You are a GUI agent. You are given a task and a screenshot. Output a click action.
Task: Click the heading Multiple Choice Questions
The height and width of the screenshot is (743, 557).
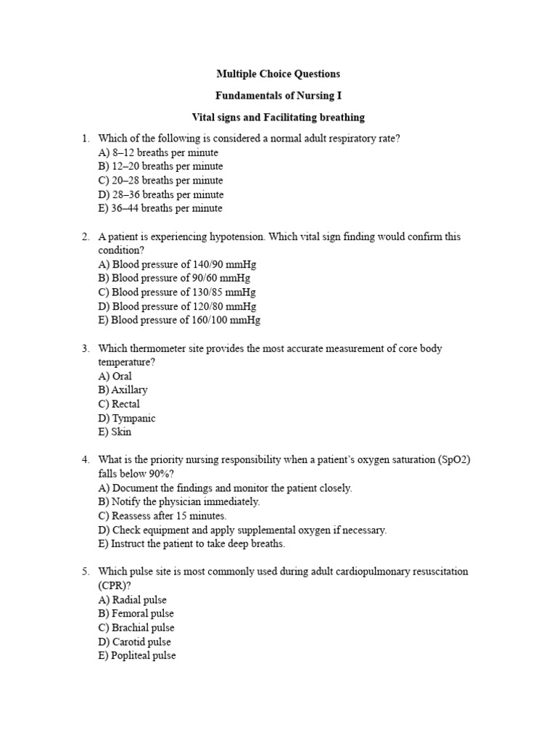[278, 74]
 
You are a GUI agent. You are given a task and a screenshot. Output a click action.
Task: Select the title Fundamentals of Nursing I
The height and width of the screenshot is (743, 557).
[278, 95]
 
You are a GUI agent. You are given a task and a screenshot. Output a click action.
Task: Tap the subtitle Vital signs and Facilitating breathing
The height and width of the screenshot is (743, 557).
[278, 117]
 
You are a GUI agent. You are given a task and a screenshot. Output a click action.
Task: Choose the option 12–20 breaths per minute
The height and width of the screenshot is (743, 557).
[160, 166]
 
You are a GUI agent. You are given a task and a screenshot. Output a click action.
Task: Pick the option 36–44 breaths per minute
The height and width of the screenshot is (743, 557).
[160, 208]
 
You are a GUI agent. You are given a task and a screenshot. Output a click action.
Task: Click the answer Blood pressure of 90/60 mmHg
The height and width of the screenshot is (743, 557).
[174, 278]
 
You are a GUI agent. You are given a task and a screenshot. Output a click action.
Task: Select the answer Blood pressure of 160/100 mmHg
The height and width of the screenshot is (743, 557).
[179, 320]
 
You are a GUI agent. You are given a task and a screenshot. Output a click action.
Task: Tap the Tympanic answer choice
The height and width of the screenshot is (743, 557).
[126, 418]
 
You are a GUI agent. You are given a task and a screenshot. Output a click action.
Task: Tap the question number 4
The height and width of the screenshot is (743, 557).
[86, 460]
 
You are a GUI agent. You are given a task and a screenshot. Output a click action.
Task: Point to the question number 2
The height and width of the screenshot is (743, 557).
[86, 237]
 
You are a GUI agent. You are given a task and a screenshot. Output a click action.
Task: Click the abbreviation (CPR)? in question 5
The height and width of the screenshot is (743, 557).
[114, 586]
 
